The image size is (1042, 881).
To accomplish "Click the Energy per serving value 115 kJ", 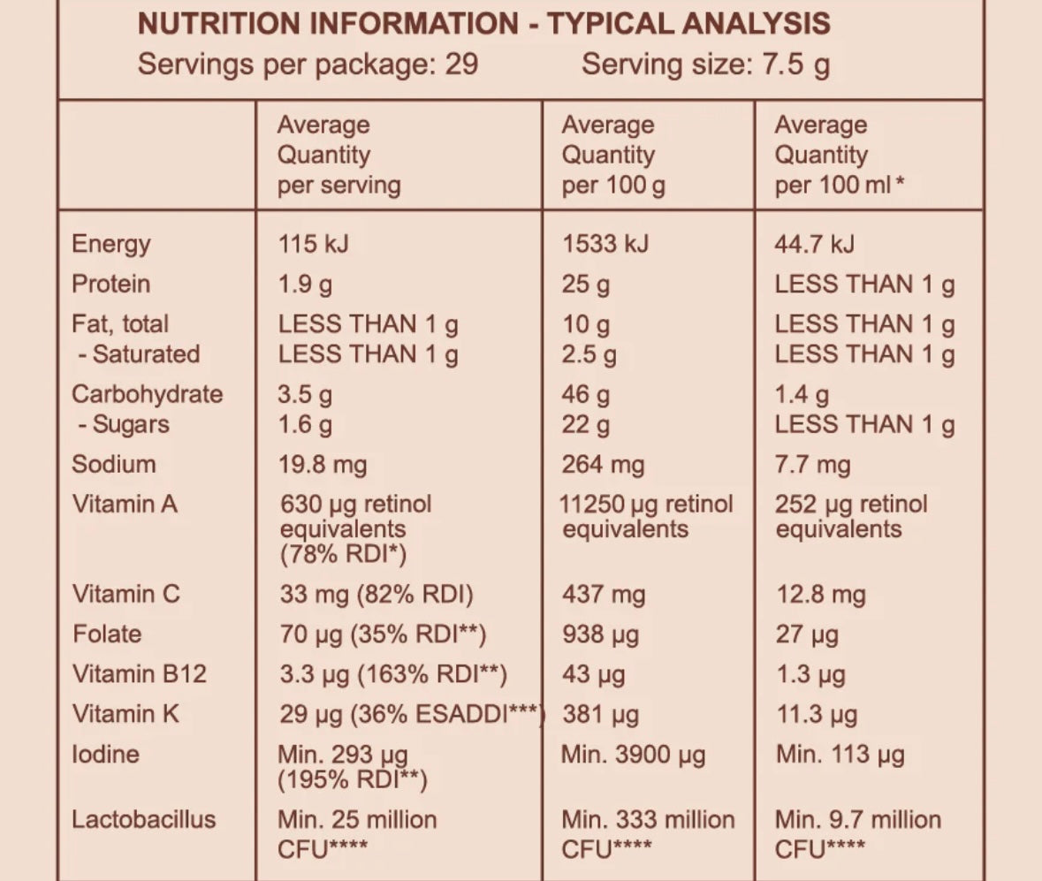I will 313,244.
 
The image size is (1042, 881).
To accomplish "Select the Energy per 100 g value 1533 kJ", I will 605,244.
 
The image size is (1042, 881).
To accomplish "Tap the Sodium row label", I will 113,464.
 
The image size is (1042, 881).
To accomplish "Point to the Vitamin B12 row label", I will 139,674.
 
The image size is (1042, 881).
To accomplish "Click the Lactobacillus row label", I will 143,819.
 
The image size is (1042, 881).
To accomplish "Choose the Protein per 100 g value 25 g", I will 585,285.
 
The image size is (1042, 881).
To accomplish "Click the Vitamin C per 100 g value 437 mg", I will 604,595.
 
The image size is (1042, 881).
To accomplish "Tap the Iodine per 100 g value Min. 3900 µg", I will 635,755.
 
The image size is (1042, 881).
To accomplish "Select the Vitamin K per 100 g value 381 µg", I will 600,714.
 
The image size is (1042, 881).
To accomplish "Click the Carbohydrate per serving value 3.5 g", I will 305,394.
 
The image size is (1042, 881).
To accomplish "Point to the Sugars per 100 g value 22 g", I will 585,425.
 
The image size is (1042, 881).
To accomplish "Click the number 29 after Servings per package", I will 461,65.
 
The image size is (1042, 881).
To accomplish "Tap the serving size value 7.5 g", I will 796,65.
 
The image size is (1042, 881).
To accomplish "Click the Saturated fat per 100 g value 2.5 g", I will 589,354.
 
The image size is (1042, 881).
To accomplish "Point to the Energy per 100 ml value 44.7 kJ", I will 814,244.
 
